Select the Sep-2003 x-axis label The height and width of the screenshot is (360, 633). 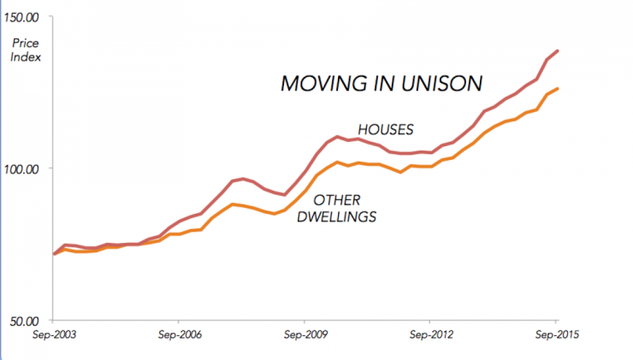pos(53,334)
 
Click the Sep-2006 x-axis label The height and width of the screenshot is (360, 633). pos(180,334)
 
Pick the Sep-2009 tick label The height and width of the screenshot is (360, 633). pos(306,334)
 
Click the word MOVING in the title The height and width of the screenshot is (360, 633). pos(317,84)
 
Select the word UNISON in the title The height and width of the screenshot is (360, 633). pos(446,84)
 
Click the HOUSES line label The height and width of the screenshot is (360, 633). pos(385,130)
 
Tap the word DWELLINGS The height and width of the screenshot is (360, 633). pos(336,217)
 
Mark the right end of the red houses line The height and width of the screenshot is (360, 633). pos(559,50)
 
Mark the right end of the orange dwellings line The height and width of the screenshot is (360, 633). pos(559,88)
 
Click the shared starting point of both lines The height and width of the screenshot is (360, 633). pos(54,254)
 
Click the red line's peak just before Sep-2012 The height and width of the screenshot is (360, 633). pos(339,136)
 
